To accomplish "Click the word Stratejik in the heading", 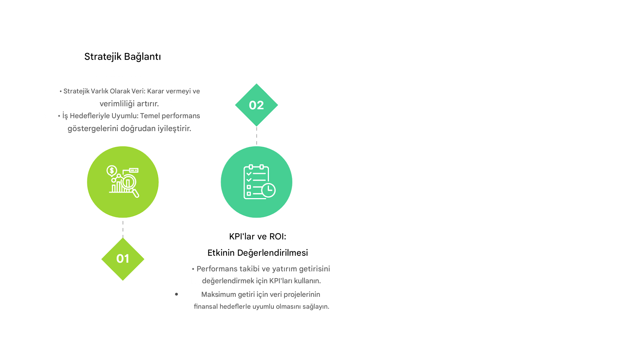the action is (103, 57).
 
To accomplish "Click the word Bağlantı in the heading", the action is (142, 57).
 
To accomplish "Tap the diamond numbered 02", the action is (256, 105).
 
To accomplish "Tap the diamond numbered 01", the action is (123, 259).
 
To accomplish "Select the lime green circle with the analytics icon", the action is (123, 182).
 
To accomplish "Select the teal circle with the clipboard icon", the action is (256, 182).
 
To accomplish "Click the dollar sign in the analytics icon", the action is (112, 170).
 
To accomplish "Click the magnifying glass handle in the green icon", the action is (136, 193).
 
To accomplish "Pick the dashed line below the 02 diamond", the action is (256, 136).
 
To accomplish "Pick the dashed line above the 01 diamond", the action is (123, 229).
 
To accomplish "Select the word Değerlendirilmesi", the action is (272, 253).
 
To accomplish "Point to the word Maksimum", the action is (218, 294).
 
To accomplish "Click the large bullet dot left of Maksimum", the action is (176, 294).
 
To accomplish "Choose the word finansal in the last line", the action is (206, 307).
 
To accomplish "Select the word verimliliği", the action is (115, 104).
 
